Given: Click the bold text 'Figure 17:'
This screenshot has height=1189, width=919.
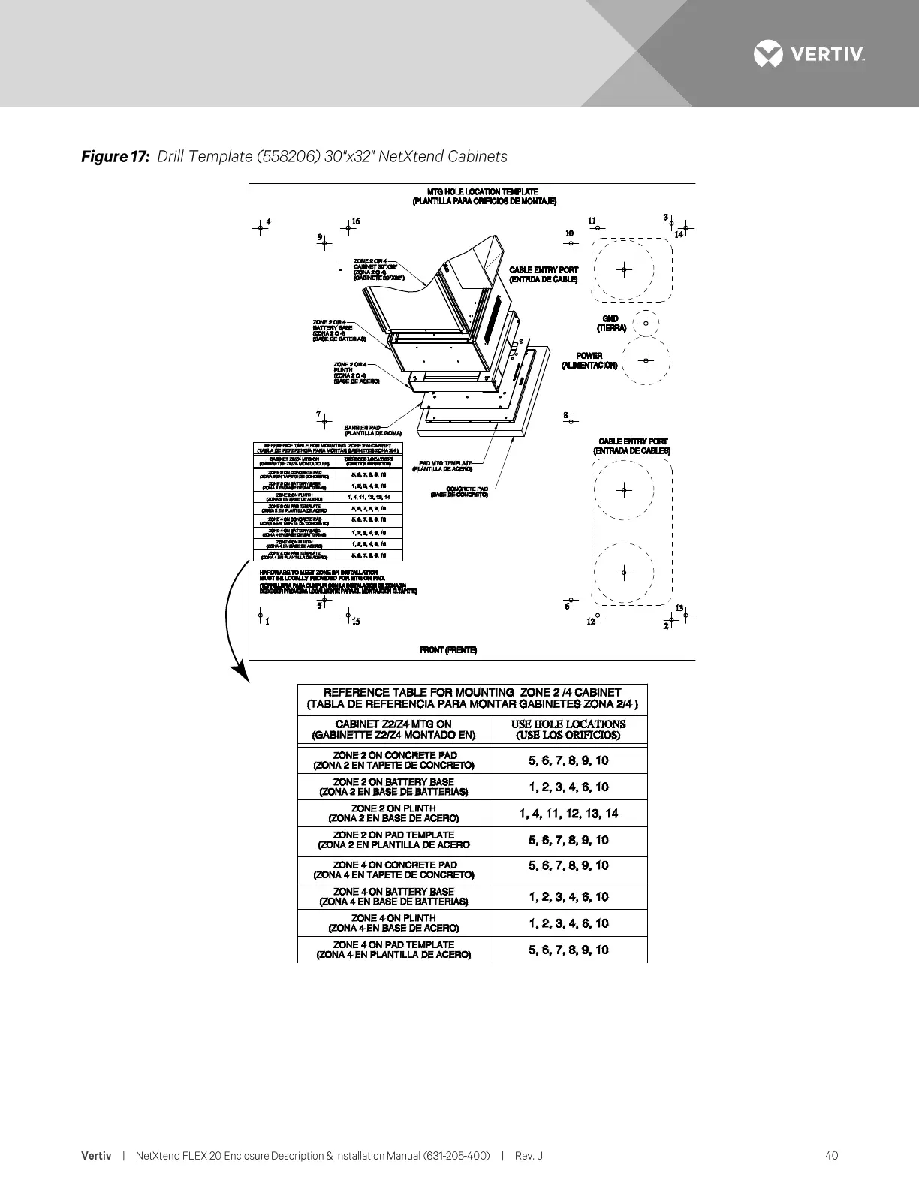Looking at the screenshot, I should coord(116,157).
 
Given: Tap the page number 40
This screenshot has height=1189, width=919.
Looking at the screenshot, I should coord(831,1155).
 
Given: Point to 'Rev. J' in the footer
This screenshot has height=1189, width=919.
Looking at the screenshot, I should coord(529,1155).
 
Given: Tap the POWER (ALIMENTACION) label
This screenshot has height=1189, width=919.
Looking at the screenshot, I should coord(589,360).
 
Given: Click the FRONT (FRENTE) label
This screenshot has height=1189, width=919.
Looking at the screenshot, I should coord(447,650).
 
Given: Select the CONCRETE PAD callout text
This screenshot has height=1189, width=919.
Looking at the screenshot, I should coord(459,491).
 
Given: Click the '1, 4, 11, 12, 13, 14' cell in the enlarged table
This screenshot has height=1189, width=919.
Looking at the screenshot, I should coord(568,814).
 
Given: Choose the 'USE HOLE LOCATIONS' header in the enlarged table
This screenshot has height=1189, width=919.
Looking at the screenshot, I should coord(568,724).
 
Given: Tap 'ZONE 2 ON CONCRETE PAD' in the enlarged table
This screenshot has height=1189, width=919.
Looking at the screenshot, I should coord(394,755).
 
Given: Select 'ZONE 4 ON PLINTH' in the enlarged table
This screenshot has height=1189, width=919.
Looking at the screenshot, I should coord(394,918).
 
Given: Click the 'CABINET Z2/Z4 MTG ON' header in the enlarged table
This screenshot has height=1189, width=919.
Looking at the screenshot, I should coord(393,724).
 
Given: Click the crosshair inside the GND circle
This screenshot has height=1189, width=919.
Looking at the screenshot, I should coord(646,324).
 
